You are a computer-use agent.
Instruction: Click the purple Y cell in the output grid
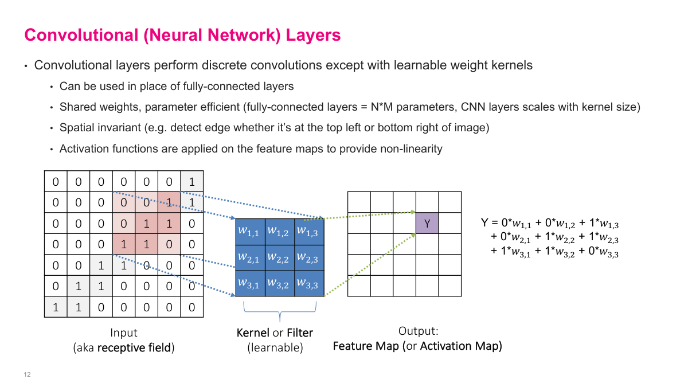[427, 223]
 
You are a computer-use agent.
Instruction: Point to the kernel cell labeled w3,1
[248, 283]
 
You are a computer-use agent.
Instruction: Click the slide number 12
[27, 375]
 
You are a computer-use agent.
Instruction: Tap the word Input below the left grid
[124, 333]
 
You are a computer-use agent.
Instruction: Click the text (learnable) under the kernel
[275, 347]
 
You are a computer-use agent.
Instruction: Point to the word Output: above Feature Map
[417, 331]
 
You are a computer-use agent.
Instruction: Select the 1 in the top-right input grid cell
[191, 182]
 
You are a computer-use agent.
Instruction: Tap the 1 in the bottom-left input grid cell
[56, 307]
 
